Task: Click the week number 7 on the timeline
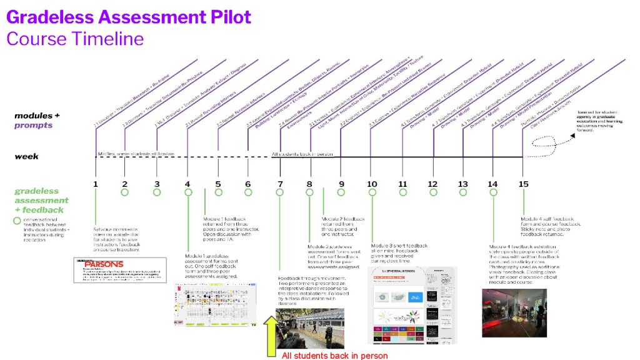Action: (x=279, y=184)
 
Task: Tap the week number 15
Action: (x=524, y=184)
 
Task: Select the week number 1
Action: (x=96, y=184)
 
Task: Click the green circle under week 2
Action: (x=125, y=192)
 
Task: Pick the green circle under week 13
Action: (x=462, y=192)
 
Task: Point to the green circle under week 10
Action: (x=372, y=192)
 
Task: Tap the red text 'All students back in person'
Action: (x=334, y=356)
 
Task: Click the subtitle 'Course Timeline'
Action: (x=75, y=39)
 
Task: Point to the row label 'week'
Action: (x=26, y=156)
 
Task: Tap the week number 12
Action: (x=432, y=184)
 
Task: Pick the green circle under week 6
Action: (x=249, y=192)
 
